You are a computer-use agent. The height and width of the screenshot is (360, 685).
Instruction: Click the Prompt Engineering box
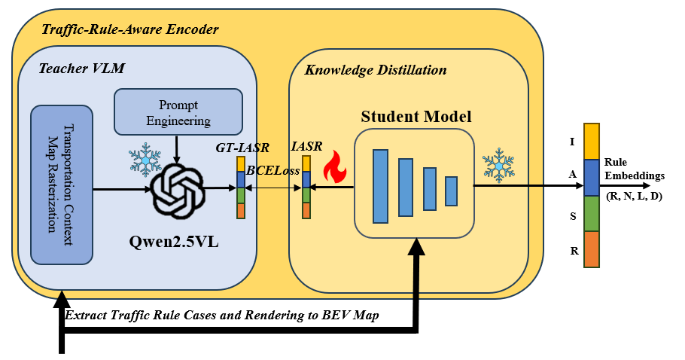click(178, 112)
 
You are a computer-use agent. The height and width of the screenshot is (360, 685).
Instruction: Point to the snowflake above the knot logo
click(144, 158)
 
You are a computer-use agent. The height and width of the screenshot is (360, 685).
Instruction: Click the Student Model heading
click(416, 117)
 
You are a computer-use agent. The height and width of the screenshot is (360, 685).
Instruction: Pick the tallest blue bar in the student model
click(380, 185)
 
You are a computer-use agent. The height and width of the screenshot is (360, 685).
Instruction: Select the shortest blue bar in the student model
click(451, 191)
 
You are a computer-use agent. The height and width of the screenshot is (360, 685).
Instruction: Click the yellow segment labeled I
click(592, 141)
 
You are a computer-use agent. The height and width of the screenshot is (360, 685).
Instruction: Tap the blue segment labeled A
click(592, 178)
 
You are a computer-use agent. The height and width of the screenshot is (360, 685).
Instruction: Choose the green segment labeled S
click(592, 213)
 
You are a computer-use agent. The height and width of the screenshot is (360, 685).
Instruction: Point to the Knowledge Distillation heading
click(375, 70)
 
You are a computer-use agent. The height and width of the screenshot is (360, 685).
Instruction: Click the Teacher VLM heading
click(81, 69)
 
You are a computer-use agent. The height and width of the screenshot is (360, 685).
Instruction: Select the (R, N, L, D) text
click(635, 196)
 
